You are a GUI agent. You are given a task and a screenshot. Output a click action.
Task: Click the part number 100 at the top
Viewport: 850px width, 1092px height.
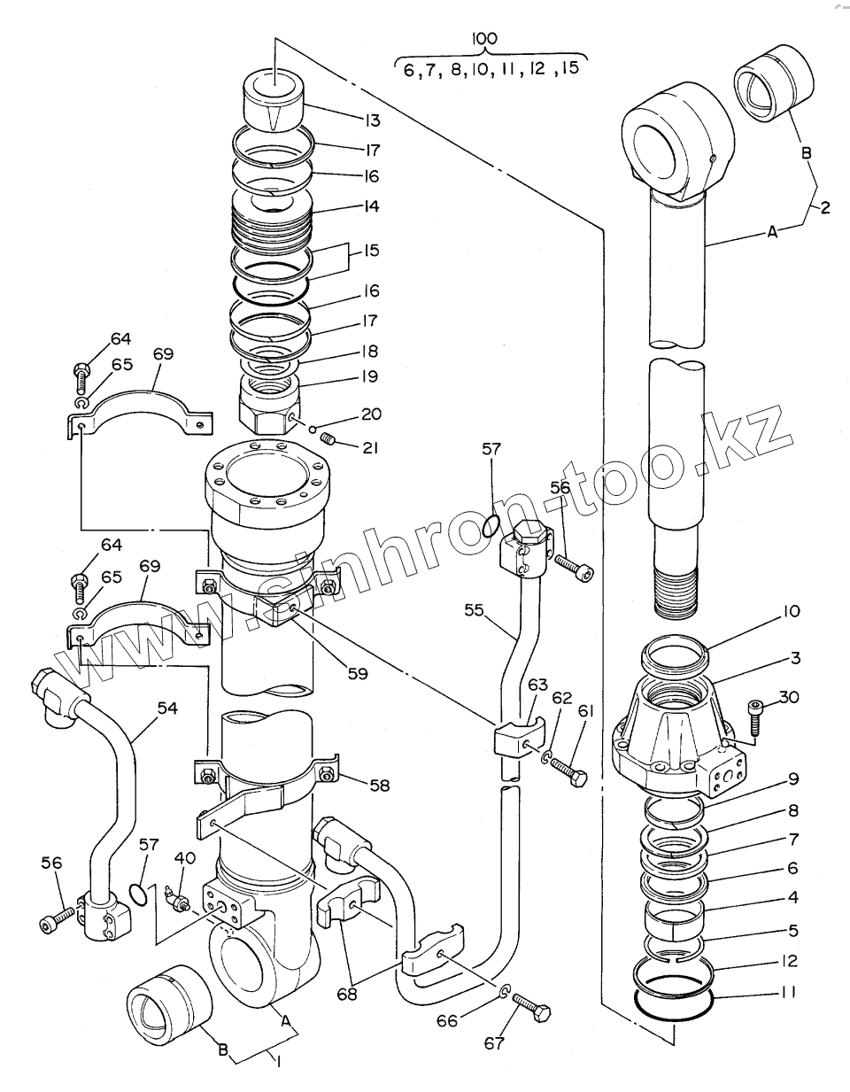pos(485,38)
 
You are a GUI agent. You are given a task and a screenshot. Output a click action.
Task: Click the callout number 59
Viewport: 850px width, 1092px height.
pos(357,672)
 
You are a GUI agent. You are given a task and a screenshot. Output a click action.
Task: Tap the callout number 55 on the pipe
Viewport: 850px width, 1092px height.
pos(475,610)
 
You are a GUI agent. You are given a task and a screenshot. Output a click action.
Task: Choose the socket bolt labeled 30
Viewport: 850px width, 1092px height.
pos(754,716)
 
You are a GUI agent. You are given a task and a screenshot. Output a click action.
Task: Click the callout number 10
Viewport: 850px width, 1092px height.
pos(791,610)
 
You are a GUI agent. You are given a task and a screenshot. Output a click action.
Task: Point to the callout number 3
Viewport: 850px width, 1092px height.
pos(795,658)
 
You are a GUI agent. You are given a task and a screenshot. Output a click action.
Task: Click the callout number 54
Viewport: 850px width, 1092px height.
pos(167,708)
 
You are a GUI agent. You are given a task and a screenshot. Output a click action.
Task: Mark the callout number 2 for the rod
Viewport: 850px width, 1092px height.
pos(824,208)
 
